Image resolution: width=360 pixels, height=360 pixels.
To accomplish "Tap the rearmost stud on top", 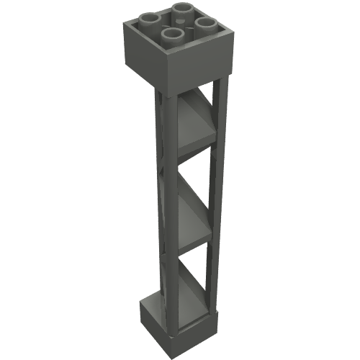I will (182, 9).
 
